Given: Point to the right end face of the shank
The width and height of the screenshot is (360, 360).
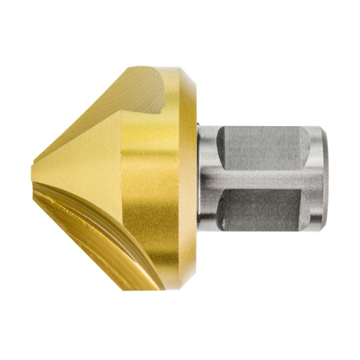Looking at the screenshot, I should (323, 180).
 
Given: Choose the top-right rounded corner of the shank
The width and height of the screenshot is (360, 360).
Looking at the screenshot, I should (317, 131).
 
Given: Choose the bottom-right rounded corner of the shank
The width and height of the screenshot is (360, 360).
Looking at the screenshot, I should (317, 230).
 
